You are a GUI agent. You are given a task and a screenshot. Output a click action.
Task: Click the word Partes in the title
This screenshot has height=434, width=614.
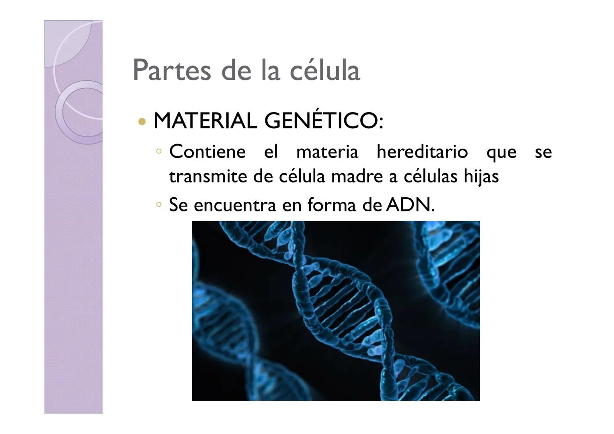coord(172,70)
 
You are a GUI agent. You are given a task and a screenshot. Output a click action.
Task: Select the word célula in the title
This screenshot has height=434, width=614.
coord(324,70)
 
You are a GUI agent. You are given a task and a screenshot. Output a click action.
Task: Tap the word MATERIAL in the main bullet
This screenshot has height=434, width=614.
coord(205,121)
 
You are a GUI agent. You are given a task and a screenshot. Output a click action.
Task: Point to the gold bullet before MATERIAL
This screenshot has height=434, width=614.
coord(142,121)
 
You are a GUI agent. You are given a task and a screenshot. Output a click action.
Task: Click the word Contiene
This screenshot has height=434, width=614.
coord(207,151)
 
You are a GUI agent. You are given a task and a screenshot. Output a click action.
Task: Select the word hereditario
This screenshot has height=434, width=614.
coord(422,151)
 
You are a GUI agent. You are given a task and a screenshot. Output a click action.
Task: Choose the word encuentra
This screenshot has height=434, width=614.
coord(235,205)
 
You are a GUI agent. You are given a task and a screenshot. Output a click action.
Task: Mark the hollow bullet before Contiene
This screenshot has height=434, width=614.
coord(159,151)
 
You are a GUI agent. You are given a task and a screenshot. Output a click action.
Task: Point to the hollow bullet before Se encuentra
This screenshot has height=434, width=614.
coord(159,205)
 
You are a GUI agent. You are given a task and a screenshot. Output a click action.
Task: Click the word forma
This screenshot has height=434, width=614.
coord(331,205)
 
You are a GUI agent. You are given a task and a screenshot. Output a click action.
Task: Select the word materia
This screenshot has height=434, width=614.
coord(327,152)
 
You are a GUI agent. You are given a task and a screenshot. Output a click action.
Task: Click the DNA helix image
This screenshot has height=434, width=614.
coord(335,311)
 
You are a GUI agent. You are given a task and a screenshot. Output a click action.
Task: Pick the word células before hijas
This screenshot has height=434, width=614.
coord(430,176)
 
